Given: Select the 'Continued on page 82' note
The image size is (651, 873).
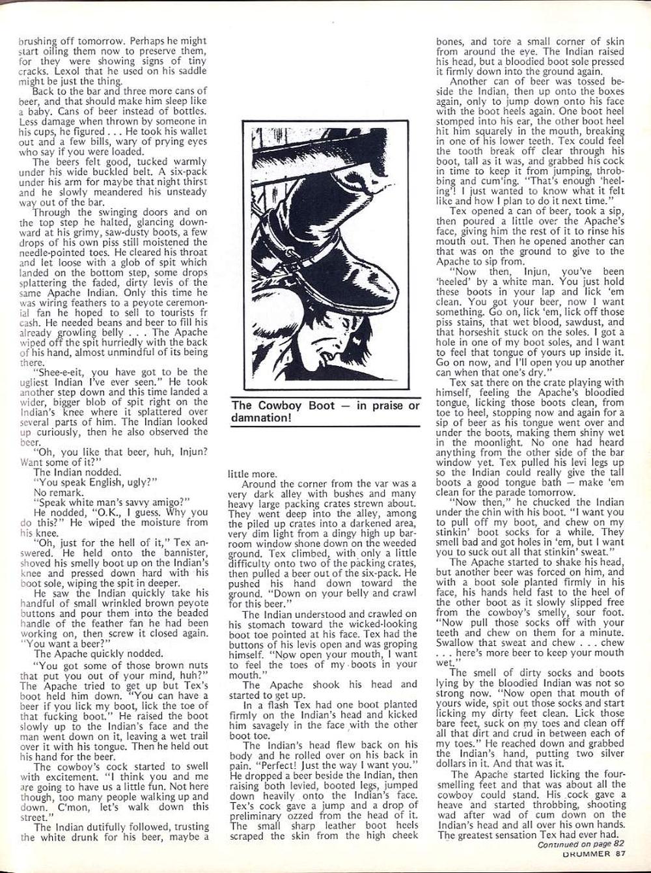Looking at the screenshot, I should click(x=579, y=845).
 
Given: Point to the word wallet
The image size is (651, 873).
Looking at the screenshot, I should click(x=189, y=132).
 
